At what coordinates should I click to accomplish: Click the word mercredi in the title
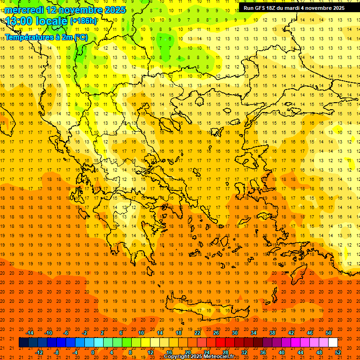pos(24,10)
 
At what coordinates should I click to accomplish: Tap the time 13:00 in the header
pos(19,22)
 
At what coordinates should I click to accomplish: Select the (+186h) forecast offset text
pos(83,21)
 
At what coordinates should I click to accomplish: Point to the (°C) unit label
pos(80,37)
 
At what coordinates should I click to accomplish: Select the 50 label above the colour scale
pos(329,333)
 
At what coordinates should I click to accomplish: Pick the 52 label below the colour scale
pos(338,352)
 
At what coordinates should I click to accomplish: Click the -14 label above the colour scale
pos(30,333)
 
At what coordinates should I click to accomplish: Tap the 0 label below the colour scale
pos(93,352)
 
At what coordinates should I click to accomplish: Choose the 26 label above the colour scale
pos(216,333)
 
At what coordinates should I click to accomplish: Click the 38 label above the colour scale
pos(272,333)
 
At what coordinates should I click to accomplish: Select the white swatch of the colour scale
pos(333,343)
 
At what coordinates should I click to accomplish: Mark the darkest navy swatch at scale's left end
pos(23,343)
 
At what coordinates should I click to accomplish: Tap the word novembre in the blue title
pos(79,10)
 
